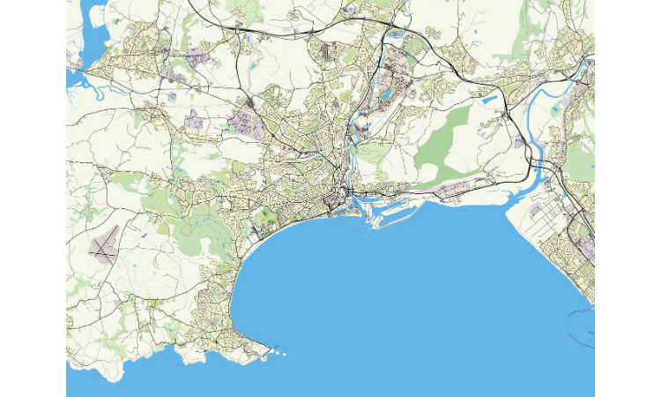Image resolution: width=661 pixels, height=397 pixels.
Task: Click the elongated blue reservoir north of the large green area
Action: pos(490,100)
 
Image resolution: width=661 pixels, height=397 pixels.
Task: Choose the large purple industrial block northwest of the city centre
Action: pos(244,124)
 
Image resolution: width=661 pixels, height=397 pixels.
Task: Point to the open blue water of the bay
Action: pos(397,291)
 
